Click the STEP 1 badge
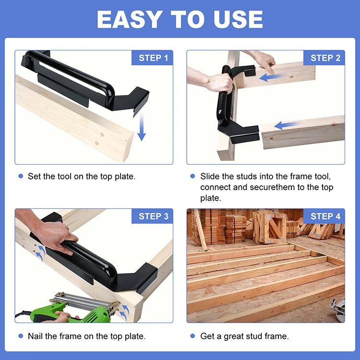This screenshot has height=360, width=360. coord(153,58)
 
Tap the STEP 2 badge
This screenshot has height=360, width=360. coord(325,58)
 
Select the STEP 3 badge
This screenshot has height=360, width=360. coord(153,216)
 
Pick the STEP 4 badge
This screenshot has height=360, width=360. coord(325,216)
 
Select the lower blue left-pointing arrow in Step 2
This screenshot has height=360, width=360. coord(289,125)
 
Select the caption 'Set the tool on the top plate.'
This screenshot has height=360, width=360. coord(81,177)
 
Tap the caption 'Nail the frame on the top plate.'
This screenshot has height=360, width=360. coord(86,336)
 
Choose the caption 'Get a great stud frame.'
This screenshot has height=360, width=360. coord(244,336)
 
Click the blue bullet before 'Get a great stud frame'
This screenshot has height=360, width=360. coord(192,336)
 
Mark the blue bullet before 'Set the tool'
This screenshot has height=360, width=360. coord(21,177)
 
